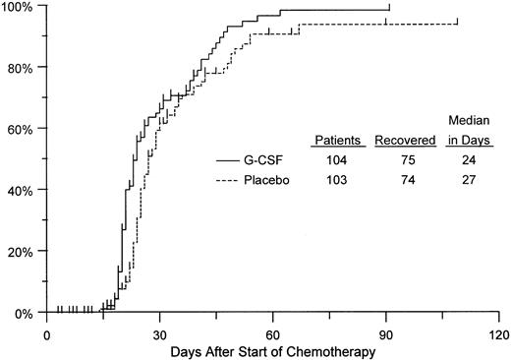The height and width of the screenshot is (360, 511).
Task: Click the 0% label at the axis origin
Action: point(25,313)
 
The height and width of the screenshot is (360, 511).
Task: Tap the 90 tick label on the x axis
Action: point(386,330)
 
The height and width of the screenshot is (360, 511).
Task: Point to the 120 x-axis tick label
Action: point(498,330)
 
